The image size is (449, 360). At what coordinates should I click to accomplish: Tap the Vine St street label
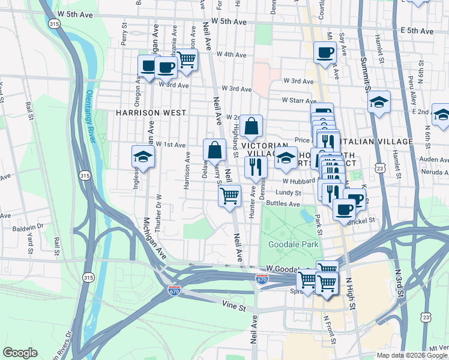tap(234, 307)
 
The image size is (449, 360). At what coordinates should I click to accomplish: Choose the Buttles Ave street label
tap(283, 204)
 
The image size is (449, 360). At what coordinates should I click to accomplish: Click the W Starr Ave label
tap(294, 101)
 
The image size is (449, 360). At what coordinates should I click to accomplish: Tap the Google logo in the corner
tap(20, 353)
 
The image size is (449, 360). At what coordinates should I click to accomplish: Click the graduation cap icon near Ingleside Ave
tap(143, 157)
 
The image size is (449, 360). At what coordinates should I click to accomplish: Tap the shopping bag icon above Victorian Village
tap(252, 126)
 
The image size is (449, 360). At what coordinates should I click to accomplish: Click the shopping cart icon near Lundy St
tap(229, 195)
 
